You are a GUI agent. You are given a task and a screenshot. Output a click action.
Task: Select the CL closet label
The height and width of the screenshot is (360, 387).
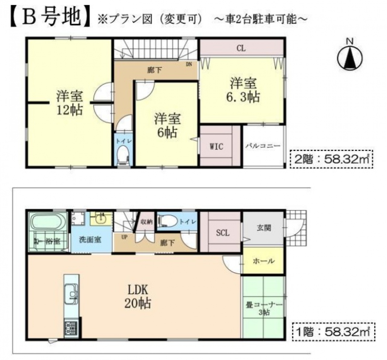(x=241, y=48)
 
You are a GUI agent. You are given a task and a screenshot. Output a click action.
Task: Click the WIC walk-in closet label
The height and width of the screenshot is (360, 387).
(x=216, y=146)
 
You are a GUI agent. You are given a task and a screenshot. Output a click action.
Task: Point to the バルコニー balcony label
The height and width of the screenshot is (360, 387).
(x=263, y=146)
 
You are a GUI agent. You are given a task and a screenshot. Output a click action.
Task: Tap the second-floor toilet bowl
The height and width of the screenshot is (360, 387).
(x=123, y=155)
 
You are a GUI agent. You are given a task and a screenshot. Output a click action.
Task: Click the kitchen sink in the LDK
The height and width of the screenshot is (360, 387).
(x=71, y=294)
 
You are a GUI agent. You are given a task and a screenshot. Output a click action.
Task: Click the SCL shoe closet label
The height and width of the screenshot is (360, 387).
(x=223, y=233)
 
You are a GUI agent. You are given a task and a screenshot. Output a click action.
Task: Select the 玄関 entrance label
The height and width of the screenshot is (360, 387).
(x=264, y=227)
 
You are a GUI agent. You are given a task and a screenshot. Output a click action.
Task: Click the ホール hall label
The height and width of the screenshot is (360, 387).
(x=264, y=261)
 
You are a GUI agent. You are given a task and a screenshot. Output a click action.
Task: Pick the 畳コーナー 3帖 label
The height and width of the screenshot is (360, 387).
(x=264, y=309)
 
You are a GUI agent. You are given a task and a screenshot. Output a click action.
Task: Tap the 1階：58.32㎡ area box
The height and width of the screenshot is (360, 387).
(x=334, y=331)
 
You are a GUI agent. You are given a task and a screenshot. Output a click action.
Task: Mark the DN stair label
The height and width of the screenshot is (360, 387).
(x=189, y=64)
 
